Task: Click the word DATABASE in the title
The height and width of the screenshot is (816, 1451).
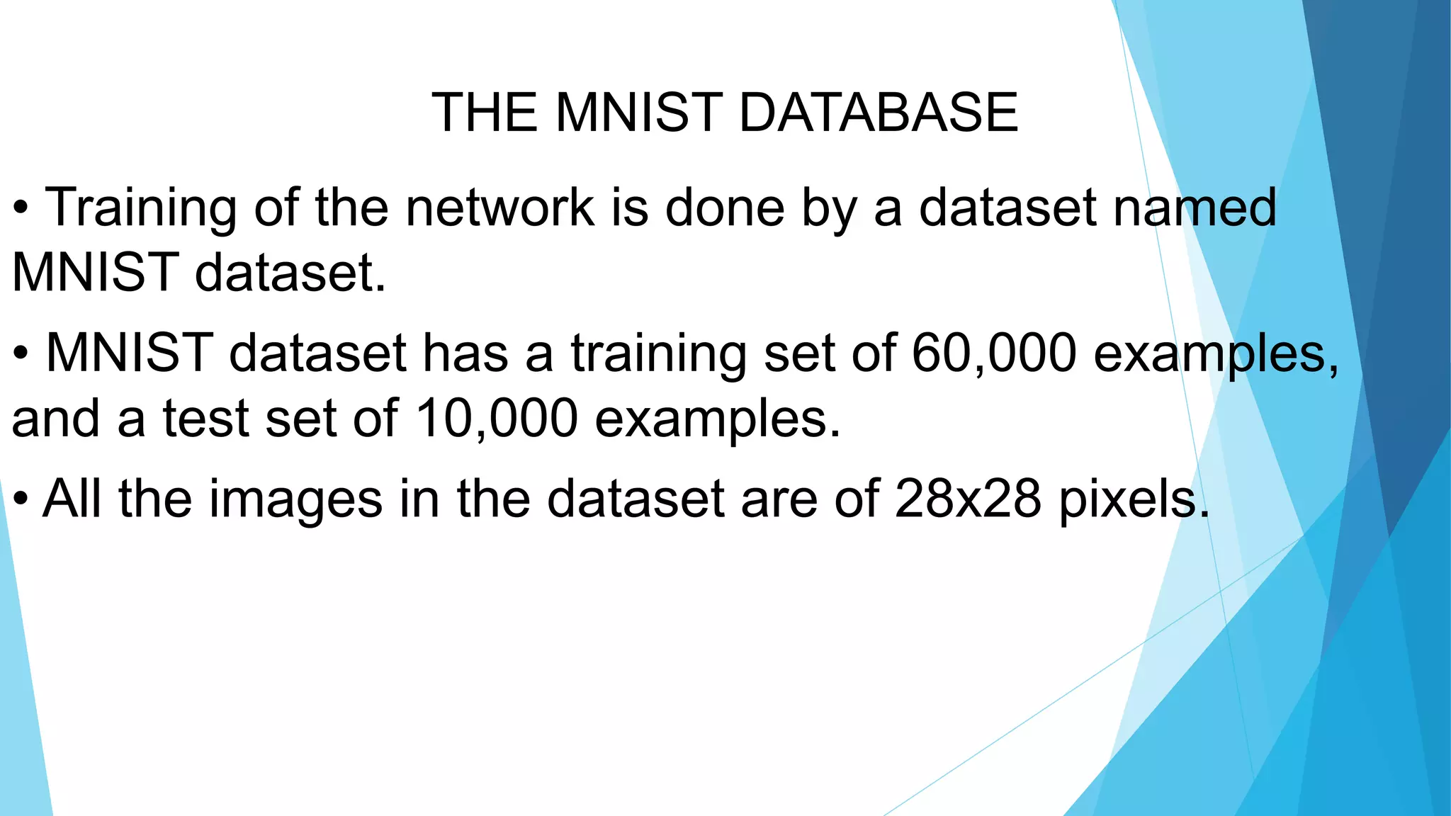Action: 879,113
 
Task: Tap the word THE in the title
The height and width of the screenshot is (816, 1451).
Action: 485,113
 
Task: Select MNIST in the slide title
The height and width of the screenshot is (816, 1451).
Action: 636,113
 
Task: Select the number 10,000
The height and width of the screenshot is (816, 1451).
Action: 496,418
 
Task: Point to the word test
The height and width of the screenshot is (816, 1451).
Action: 205,418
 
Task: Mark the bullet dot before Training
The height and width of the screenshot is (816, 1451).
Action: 21,210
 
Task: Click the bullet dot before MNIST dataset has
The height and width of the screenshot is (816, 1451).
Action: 21,354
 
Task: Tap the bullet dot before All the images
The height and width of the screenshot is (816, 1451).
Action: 21,500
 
